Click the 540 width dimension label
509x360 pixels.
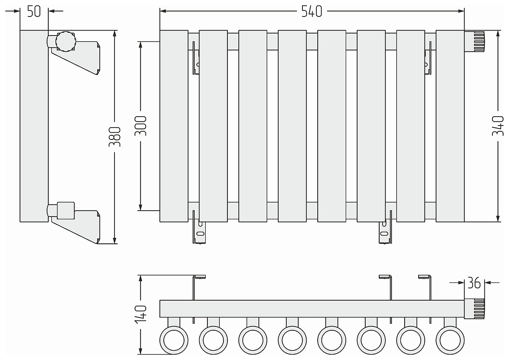(x=311, y=11)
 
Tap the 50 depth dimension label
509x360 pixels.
(x=34, y=11)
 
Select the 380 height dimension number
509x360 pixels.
(x=115, y=137)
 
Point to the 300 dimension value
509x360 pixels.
(x=140, y=126)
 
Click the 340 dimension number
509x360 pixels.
(x=498, y=126)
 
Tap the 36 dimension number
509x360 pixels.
(x=474, y=283)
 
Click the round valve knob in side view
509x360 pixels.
(x=66, y=42)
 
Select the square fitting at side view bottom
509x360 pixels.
(x=66, y=211)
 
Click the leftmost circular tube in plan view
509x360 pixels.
(x=174, y=340)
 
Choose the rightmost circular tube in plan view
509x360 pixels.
(x=450, y=340)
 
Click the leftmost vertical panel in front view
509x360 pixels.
(x=174, y=126)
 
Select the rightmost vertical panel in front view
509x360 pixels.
(x=450, y=126)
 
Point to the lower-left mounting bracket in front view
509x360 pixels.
(x=199, y=227)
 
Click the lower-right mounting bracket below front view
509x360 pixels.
(x=386, y=227)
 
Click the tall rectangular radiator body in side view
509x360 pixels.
(x=34, y=126)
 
